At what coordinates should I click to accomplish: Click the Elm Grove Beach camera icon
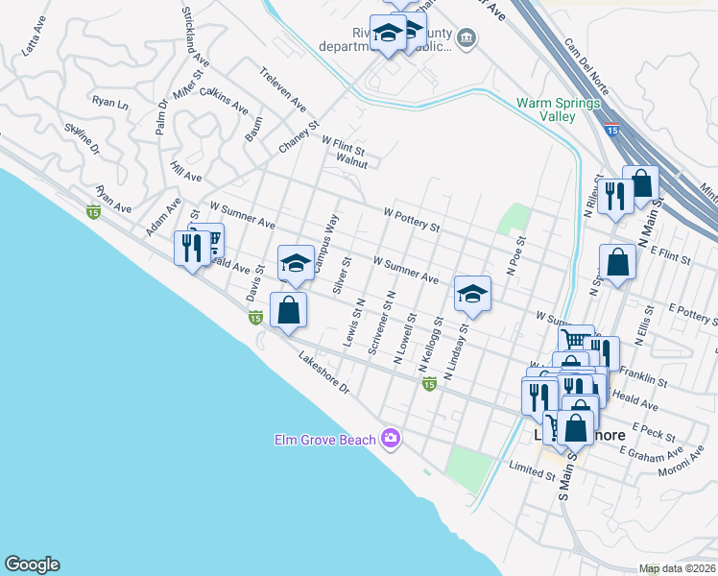[x=391, y=439]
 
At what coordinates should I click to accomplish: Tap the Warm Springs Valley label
[x=545, y=109]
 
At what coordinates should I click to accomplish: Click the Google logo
[x=32, y=564]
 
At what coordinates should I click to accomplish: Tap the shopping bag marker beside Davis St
[x=288, y=310]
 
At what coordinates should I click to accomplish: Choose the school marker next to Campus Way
[x=297, y=262]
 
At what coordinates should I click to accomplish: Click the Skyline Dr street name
[x=83, y=137]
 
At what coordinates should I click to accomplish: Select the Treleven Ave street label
[x=282, y=88]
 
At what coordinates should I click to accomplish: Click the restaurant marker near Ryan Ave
[x=191, y=249]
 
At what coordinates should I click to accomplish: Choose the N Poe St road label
[x=522, y=256]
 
